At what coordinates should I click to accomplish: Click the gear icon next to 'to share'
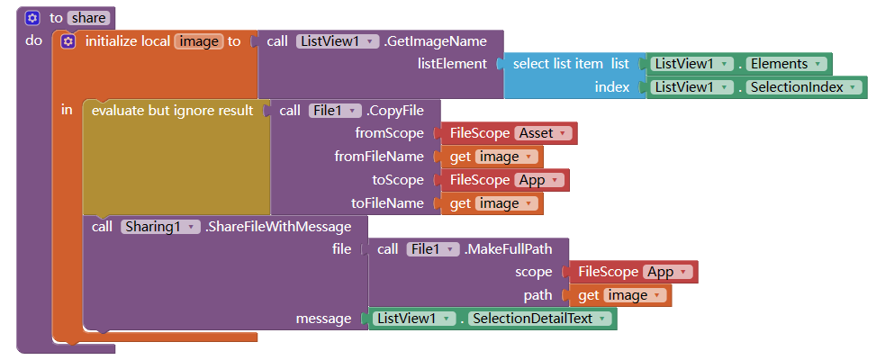(x=32, y=18)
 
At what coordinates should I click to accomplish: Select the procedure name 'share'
(x=88, y=18)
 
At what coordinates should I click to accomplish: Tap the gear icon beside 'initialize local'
(x=68, y=41)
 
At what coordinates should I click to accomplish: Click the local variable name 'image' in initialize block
(x=199, y=41)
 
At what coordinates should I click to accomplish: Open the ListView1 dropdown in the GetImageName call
(x=338, y=41)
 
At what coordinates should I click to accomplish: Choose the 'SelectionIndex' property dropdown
(x=804, y=87)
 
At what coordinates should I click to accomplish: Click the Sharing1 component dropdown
(x=160, y=227)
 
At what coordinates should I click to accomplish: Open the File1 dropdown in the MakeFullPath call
(x=433, y=249)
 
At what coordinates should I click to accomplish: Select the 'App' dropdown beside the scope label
(x=668, y=272)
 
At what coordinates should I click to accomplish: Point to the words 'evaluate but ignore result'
(x=172, y=111)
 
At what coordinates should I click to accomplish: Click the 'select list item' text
(x=558, y=64)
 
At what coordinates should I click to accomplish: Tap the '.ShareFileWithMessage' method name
(x=277, y=227)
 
